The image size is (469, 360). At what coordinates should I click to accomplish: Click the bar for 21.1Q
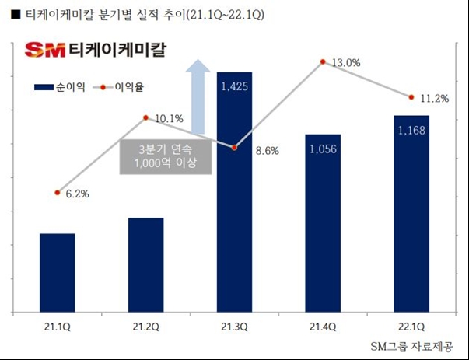[58, 273]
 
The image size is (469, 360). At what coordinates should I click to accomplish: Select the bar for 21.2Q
[146, 265]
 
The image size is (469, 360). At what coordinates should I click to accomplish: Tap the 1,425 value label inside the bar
[234, 86]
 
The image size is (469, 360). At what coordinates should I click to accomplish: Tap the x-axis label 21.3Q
[234, 328]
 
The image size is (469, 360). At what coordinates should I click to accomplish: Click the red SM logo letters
[44, 50]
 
